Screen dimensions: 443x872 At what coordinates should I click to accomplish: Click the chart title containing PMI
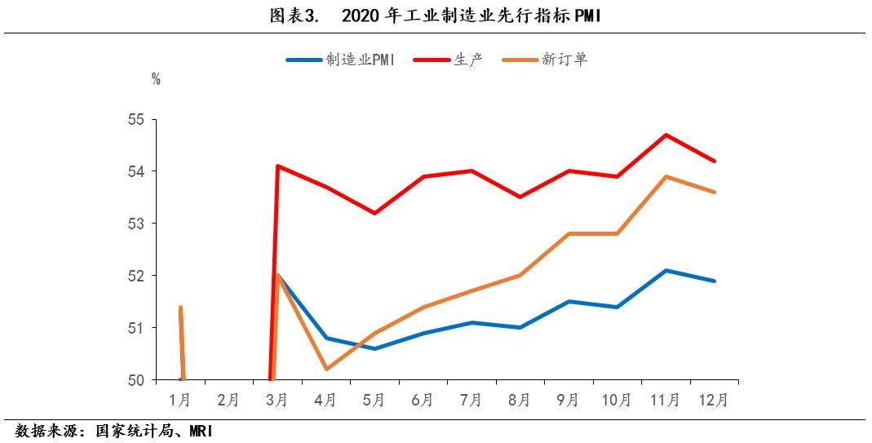[x=436, y=16]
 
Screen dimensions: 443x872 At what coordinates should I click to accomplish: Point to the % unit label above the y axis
[x=156, y=79]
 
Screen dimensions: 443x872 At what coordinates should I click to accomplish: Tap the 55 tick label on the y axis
[x=135, y=120]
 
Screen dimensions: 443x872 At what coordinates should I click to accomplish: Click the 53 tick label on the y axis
[x=135, y=224]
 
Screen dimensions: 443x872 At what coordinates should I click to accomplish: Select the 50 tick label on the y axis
[x=135, y=380]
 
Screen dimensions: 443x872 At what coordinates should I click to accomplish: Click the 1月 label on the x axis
[x=180, y=401]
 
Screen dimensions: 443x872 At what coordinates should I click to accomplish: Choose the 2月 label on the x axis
[x=228, y=401]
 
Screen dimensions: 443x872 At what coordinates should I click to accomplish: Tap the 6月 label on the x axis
[x=423, y=401]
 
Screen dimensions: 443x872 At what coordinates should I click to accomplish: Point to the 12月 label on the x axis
[x=715, y=401]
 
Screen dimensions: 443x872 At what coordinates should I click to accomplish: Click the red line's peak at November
[x=666, y=135]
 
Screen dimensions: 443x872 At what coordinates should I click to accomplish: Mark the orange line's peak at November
[x=666, y=176]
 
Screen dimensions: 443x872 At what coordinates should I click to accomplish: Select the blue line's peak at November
[x=666, y=270]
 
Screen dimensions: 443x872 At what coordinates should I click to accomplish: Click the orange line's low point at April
[x=326, y=369]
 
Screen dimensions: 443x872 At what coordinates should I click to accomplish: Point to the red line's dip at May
[x=374, y=213]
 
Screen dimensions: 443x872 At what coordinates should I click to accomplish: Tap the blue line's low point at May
[x=374, y=348]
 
